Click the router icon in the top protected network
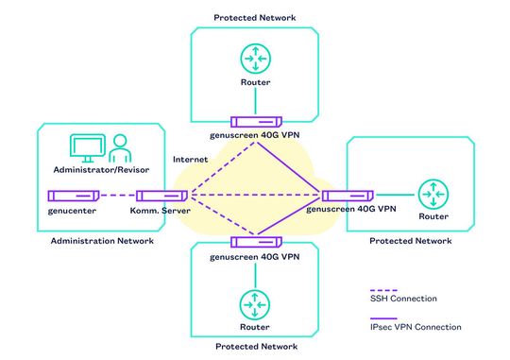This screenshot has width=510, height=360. pyautogui.click(x=254, y=59)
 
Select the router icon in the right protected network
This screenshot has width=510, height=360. pyautogui.click(x=433, y=195)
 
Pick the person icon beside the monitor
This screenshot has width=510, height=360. pyautogui.click(x=120, y=149)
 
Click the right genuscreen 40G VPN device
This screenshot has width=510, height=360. pyautogui.click(x=344, y=196)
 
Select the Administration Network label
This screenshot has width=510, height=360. pyautogui.click(x=101, y=241)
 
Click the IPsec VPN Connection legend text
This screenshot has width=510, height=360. pyautogui.click(x=416, y=327)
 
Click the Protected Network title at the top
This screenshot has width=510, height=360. pyautogui.click(x=254, y=17)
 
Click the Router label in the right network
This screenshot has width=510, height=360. pyautogui.click(x=433, y=216)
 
